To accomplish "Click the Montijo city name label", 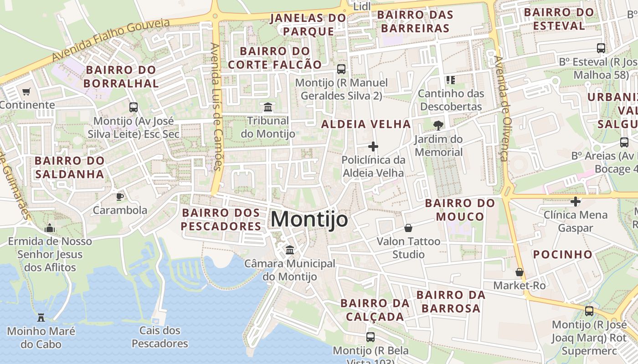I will [309, 219].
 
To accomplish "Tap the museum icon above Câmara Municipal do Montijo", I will [289, 250].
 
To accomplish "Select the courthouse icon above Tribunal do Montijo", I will [268, 107].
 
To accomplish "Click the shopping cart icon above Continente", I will [26, 91].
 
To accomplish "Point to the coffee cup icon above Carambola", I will [119, 197].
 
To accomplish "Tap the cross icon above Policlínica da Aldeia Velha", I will [373, 147].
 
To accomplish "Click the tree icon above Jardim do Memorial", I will [438, 125].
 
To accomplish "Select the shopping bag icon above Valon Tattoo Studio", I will [408, 227].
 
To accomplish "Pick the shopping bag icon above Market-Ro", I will [519, 272].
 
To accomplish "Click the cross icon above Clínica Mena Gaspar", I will [576, 201].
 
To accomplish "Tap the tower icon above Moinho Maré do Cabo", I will [41, 317].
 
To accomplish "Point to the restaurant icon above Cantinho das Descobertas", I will [451, 80].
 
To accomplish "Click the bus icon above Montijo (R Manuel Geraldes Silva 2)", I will [341, 69].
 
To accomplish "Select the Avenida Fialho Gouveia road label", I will [110, 40].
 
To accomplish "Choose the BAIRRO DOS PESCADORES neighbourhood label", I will [221, 219].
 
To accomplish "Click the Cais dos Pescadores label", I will [160, 337].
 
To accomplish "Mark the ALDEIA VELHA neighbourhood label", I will [366, 124].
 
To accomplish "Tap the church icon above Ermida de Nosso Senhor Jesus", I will [50, 227].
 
